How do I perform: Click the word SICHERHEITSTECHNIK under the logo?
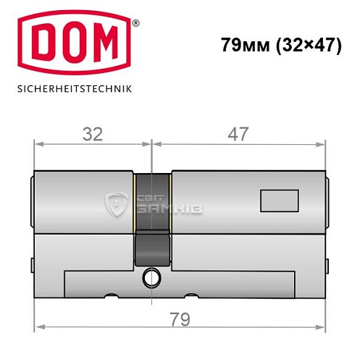point(73,90)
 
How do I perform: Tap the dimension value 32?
point(92,134)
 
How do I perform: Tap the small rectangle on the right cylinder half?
point(277,201)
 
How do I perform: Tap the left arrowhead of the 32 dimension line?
point(38,144)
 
